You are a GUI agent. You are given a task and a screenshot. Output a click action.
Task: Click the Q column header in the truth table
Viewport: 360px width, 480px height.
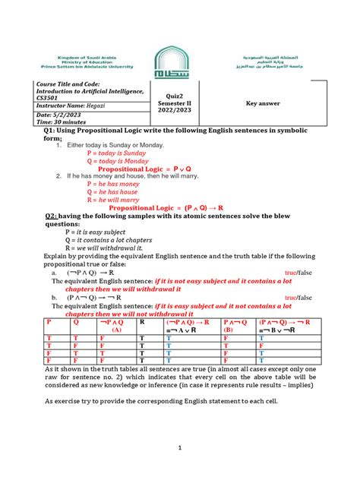click(77, 322)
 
